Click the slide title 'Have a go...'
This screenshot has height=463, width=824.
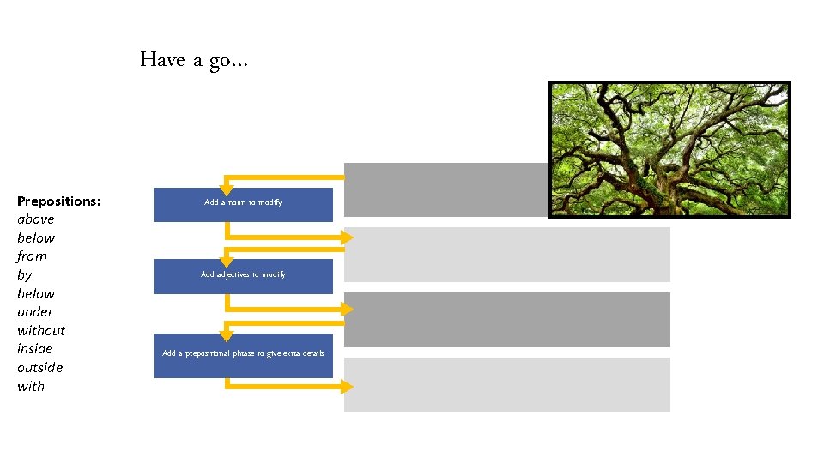coord(193,60)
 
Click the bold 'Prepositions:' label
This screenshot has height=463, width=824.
coord(58,201)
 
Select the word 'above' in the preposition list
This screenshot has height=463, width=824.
coord(35,219)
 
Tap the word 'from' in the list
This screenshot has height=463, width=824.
coord(32,256)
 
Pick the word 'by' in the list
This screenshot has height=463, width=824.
coord(24,275)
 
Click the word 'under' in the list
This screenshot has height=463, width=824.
coord(35,312)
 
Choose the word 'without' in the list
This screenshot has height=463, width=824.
coord(40,330)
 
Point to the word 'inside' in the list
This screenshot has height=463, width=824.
coord(34,349)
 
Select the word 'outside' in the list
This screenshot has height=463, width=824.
coord(39,367)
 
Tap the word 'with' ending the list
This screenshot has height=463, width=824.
coord(31,386)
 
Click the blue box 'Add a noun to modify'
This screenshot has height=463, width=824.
coord(243,204)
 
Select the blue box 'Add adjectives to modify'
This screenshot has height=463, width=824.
coord(243,276)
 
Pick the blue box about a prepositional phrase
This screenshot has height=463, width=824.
coord(243,355)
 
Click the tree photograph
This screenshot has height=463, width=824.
coord(669,149)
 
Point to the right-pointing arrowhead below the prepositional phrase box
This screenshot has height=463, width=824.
coord(347,387)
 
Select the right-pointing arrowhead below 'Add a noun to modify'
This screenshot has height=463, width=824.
coord(347,237)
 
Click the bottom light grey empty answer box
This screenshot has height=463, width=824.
coord(506,384)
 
